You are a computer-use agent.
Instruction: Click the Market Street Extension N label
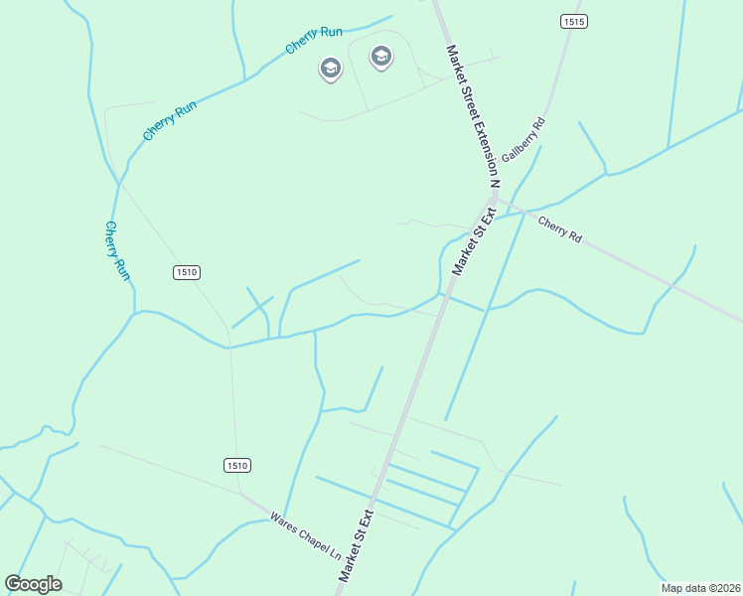click(x=472, y=114)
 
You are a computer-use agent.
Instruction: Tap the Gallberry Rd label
click(x=523, y=140)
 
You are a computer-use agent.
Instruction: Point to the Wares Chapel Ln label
click(x=305, y=534)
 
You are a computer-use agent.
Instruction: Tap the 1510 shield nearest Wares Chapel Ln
click(x=236, y=465)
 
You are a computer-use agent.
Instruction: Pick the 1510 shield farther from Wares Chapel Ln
click(x=187, y=272)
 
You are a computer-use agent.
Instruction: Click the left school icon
click(x=330, y=68)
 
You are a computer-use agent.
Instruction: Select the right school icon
click(x=380, y=57)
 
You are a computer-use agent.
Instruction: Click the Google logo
click(x=33, y=584)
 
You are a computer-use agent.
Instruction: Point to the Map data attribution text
click(x=699, y=588)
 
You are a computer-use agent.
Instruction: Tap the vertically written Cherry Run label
click(x=118, y=249)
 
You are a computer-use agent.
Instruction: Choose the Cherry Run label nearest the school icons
click(x=314, y=40)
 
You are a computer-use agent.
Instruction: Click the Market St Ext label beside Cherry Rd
click(x=474, y=241)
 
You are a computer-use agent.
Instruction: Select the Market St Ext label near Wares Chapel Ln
click(x=355, y=545)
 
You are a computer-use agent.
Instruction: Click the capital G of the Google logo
click(x=13, y=583)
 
